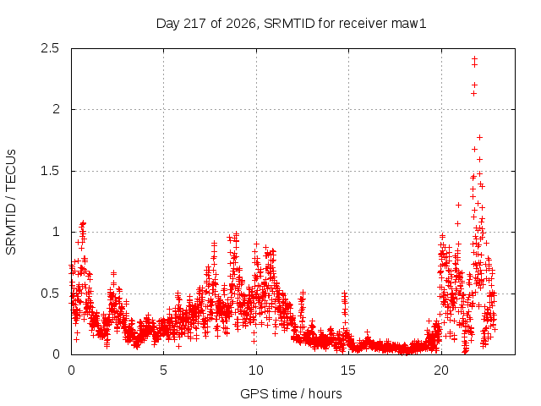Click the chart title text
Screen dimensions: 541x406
tap(291, 24)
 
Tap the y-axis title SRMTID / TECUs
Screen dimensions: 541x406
tap(11, 202)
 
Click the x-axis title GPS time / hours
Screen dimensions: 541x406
tap(291, 393)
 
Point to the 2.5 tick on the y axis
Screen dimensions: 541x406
tap(50, 48)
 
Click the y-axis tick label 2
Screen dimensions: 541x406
tap(56, 109)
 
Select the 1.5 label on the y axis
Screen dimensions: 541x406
tap(50, 171)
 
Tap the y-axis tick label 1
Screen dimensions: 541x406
tap(56, 232)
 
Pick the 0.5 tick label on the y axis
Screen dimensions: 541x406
tap(50, 294)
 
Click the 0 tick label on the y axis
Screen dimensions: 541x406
tap(56, 354)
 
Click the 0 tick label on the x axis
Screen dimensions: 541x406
tap(71, 370)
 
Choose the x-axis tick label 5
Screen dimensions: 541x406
tap(163, 370)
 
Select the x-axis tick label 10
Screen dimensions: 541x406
tap(256, 370)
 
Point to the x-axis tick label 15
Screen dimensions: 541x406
tap(348, 370)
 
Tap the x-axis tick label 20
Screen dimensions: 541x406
tap(441, 370)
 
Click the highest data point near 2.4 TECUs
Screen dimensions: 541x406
tap(475, 58)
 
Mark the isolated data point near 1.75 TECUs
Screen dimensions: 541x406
tap(479, 137)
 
